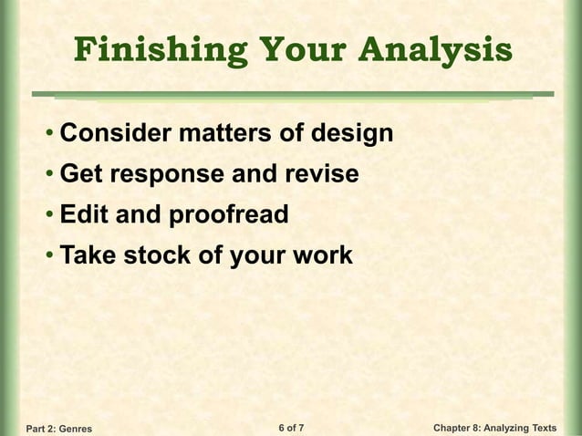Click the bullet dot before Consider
click(48, 135)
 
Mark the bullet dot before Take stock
click(48, 256)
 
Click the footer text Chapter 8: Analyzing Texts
click(494, 427)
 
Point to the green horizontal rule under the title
click(292, 93)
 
